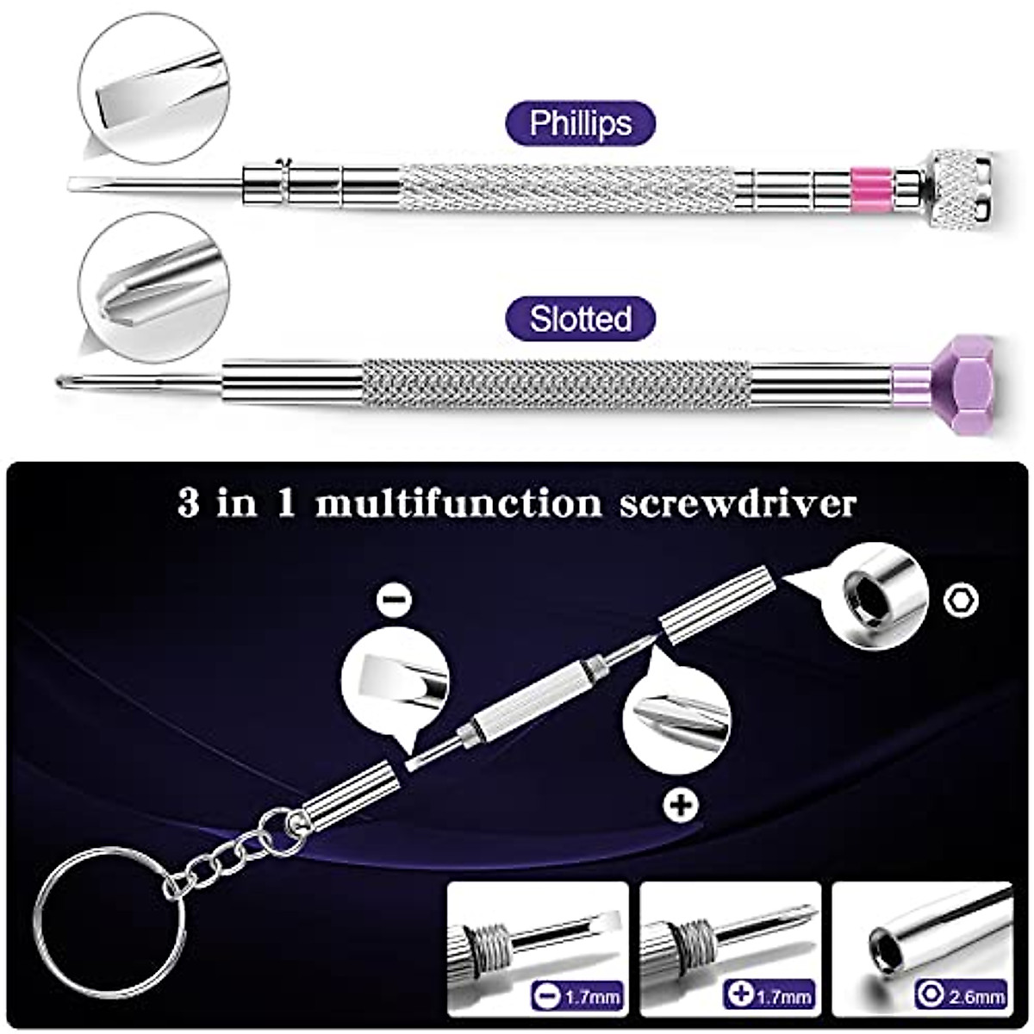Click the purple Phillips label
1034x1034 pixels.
(581, 123)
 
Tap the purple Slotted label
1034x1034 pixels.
(581, 319)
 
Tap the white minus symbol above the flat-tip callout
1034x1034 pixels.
(393, 601)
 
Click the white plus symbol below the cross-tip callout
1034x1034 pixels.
(682, 806)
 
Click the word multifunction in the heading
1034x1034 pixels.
(458, 504)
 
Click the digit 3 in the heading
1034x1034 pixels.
(190, 504)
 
